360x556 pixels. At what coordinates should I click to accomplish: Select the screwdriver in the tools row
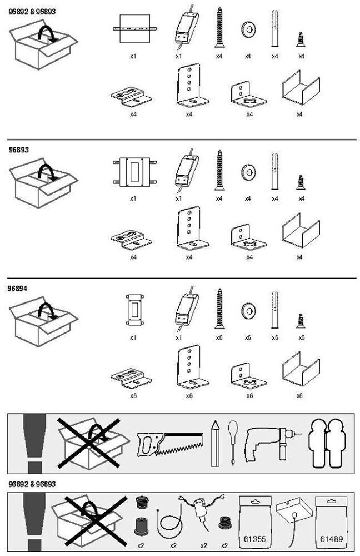coord(232,442)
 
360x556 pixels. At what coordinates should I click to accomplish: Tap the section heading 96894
coord(18,289)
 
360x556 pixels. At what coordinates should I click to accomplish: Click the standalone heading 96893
coord(18,150)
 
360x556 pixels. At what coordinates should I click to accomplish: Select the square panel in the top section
coord(135,28)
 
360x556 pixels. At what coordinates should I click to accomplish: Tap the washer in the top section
coord(247,29)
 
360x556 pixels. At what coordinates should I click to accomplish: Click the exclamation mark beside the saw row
coord(34,442)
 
